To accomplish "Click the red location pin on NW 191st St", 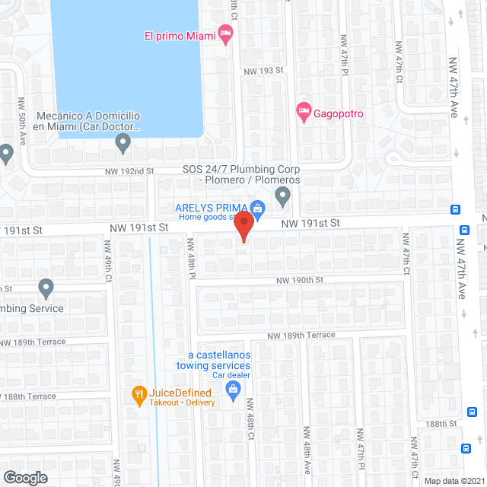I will pos(243,226).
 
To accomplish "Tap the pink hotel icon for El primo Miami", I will pos(224,33).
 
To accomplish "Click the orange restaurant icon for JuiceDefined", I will pos(138,394).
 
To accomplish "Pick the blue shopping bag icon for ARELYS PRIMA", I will pos(258,208).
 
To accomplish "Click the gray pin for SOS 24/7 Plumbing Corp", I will pos(283,197).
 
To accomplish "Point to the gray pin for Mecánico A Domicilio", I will pos(123,142).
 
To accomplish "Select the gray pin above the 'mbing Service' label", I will pos(46,288).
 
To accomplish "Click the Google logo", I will pos(25,477).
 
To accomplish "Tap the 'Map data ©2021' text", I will pos(454,481).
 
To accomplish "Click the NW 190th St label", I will pos(300,280).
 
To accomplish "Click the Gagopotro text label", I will pos(339,114).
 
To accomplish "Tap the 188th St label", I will pos(441,424).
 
